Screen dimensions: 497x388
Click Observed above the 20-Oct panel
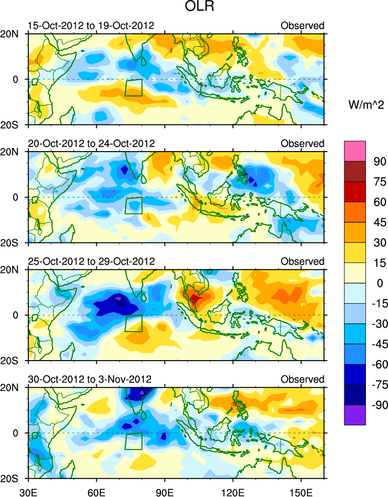[302, 143]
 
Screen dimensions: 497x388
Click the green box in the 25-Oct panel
[133, 323]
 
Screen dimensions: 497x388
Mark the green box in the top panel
[133, 87]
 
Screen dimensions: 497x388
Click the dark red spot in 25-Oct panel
[196, 298]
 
